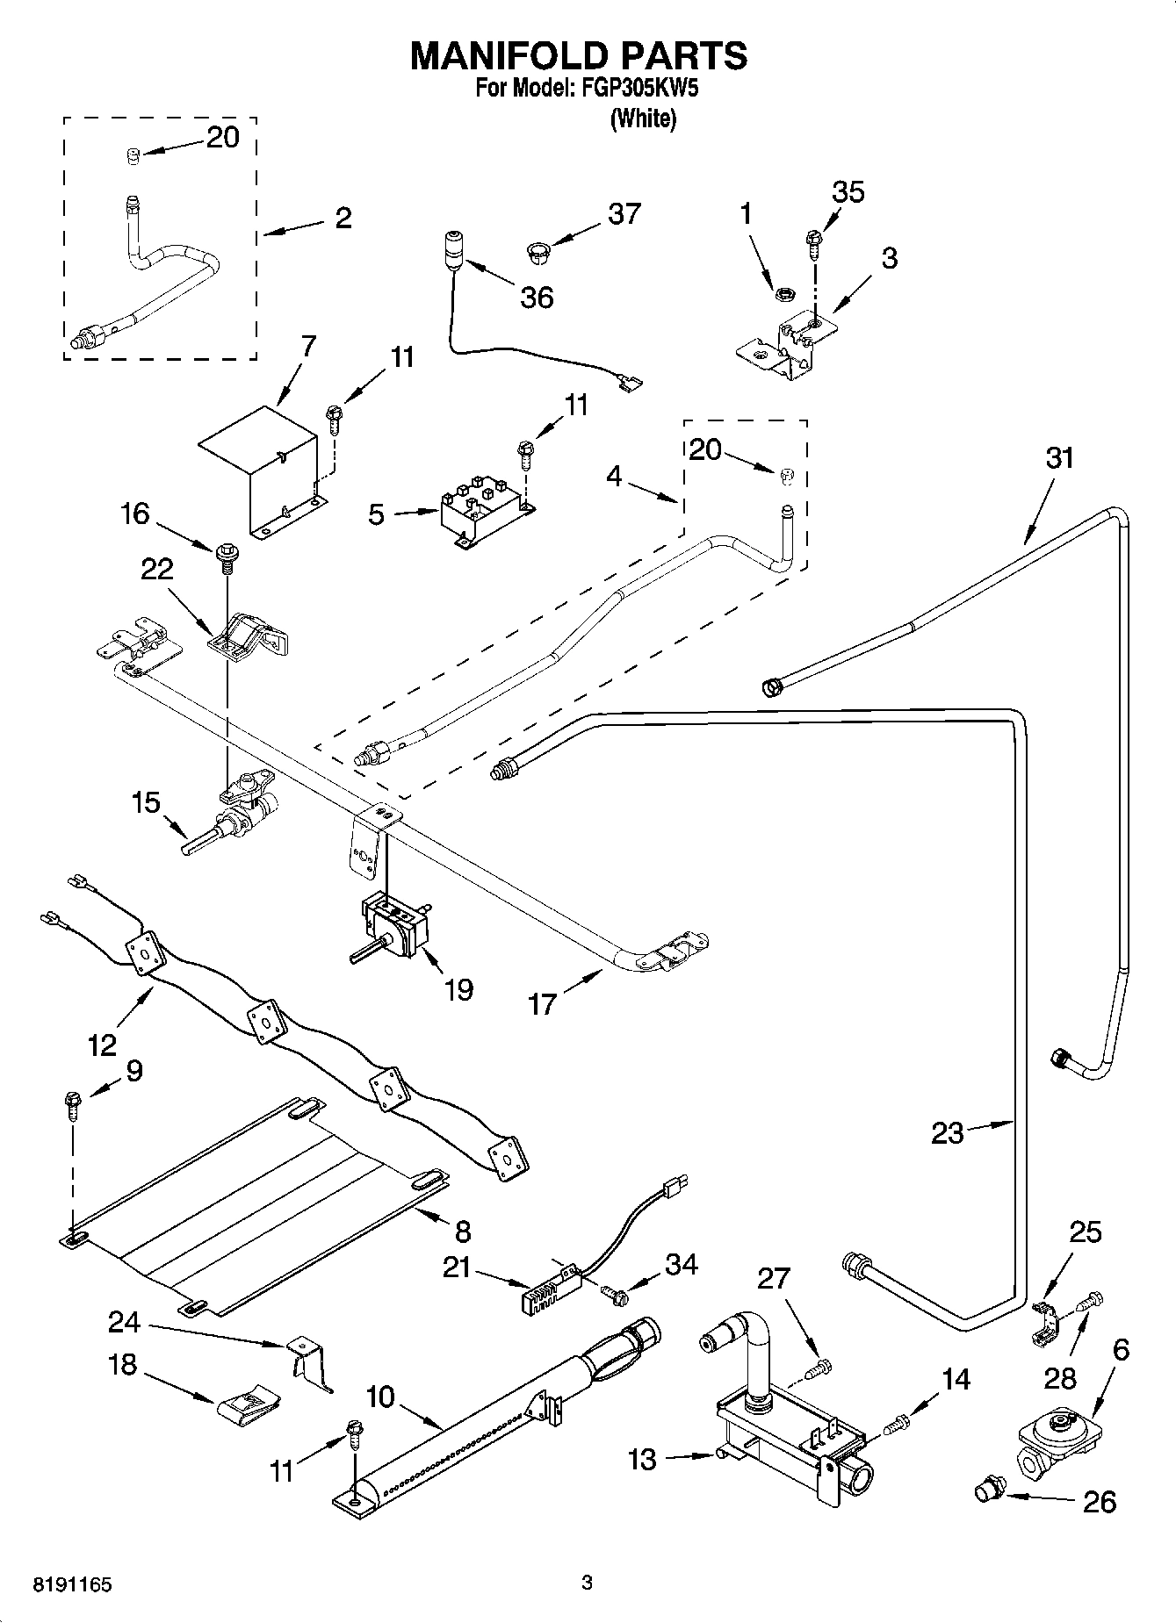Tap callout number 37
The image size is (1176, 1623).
point(624,213)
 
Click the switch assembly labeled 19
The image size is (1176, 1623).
point(395,930)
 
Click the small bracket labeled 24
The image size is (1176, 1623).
point(312,1359)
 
